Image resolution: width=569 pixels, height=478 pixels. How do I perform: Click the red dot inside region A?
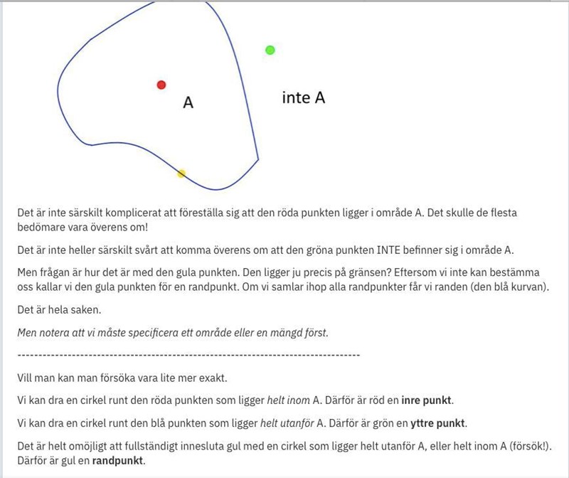pos(161,85)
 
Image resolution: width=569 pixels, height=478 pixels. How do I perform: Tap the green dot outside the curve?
pos(270,50)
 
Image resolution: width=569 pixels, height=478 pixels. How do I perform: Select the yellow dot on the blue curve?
pos(181,174)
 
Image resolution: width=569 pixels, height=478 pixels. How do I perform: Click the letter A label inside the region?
pos(188,103)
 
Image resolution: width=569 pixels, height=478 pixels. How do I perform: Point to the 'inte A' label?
pos(304,98)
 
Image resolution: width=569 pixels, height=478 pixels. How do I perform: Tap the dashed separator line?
pos(188,354)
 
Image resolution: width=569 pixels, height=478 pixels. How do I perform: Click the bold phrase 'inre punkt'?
pos(427,400)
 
